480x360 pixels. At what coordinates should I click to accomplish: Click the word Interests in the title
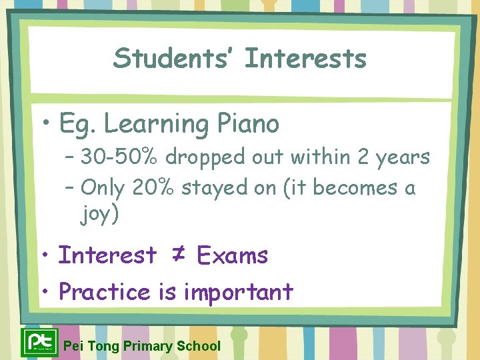pyautogui.click(x=305, y=58)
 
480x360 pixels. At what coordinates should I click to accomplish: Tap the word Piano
pyautogui.click(x=248, y=123)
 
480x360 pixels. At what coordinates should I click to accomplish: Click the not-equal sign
pyautogui.click(x=177, y=255)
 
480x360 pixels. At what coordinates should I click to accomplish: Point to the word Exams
pyautogui.click(x=233, y=255)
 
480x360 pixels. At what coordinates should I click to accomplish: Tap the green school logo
pyautogui.click(x=39, y=342)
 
